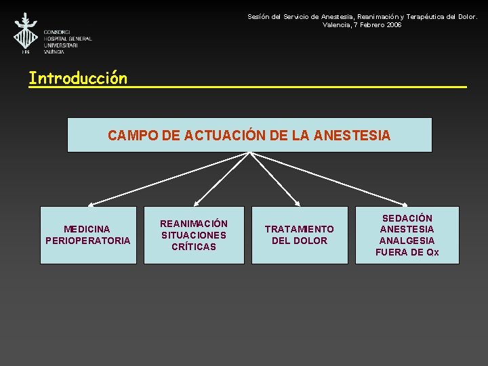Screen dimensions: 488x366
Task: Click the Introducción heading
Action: tap(78, 79)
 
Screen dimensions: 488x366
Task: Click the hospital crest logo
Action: tap(26, 32)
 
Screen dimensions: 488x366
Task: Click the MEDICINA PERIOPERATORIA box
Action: tap(88, 235)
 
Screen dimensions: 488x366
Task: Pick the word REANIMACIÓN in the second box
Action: tap(194, 224)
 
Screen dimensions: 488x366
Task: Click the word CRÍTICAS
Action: tap(194, 247)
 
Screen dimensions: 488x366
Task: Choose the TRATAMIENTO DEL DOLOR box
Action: tap(300, 235)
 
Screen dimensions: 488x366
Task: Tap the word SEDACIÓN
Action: tap(407, 218)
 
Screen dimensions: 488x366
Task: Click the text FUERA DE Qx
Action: tap(407, 252)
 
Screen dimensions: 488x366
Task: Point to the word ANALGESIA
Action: tap(407, 241)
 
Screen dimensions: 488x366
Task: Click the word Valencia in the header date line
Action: tap(336, 24)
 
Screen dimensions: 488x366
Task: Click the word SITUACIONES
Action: tap(194, 235)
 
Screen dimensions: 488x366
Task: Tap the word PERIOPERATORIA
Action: tap(88, 241)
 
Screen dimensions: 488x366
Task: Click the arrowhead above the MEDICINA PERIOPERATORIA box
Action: tap(90, 203)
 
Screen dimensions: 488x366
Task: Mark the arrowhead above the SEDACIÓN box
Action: tap(405, 203)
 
